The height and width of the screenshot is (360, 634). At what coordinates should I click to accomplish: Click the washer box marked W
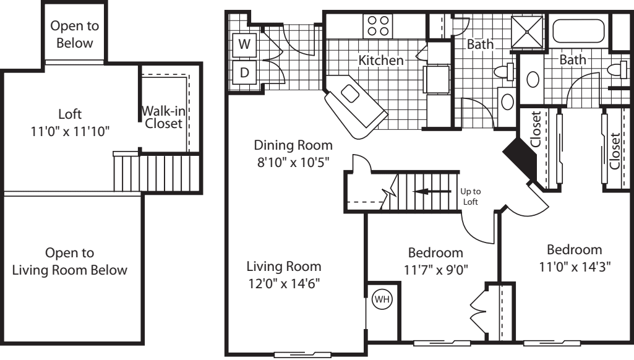point(244,44)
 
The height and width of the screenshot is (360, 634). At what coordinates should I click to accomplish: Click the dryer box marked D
point(244,72)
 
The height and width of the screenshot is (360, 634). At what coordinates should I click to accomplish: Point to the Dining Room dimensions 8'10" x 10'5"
point(293,163)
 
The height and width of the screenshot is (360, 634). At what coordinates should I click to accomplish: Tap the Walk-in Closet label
point(162,117)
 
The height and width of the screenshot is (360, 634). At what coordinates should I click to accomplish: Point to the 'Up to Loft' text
point(471,197)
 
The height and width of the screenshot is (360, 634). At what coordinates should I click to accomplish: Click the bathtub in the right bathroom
point(578,31)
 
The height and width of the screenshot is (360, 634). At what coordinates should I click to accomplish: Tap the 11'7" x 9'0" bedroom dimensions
point(435,270)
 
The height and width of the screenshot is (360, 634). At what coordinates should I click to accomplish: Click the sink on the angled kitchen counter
point(351,93)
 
